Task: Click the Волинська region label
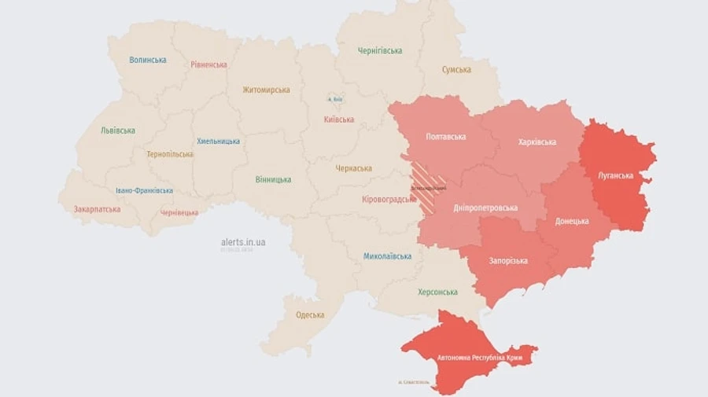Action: [148, 60]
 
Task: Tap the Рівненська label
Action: [208, 64]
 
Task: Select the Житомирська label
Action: [266, 90]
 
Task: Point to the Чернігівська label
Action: [380, 51]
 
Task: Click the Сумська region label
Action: [456, 70]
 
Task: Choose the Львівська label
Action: [118, 130]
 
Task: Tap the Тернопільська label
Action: [169, 154]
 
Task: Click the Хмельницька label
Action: [219, 142]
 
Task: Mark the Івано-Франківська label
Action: [144, 191]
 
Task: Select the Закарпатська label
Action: [97, 210]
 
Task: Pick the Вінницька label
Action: [273, 180]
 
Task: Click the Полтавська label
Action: [445, 137]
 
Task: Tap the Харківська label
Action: [537, 142]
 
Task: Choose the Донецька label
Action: [572, 221]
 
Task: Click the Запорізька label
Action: [508, 261]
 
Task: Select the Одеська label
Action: [310, 315]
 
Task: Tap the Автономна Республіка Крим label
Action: [480, 358]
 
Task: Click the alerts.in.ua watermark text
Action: [243, 242]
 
